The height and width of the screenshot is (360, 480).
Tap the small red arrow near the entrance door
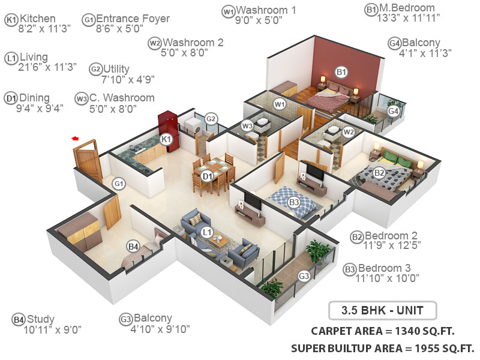coord(76,139)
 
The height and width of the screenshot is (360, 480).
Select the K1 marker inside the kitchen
coord(167,140)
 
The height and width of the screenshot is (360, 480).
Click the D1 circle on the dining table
coord(208,176)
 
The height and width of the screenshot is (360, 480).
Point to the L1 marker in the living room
coord(207,232)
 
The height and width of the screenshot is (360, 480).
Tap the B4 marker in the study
coord(133,246)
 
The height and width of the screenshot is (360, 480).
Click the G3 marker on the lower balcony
coord(304,276)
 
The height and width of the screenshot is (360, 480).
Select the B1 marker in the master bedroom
coord(341,73)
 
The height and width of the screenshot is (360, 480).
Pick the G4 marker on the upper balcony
coord(394,111)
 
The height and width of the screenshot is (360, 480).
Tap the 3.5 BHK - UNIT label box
coord(382,311)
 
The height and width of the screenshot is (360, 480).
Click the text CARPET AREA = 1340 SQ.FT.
coord(382,331)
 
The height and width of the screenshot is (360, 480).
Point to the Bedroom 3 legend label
coord(384,273)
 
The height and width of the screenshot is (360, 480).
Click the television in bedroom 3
coord(314,172)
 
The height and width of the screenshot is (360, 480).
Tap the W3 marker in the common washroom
coord(247,126)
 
